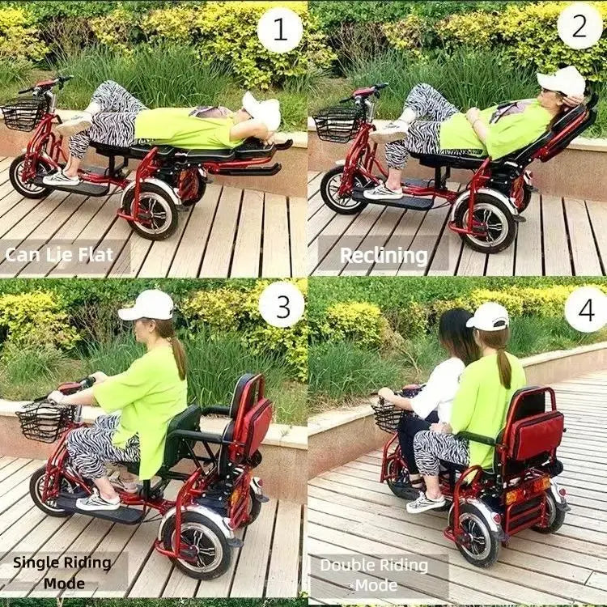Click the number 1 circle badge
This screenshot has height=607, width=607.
click(x=279, y=30)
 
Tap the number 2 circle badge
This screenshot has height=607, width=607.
click(x=579, y=26)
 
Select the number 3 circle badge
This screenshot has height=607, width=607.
click(x=282, y=304)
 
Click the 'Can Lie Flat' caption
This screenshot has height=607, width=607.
click(x=59, y=255)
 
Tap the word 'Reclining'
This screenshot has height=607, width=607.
click(x=384, y=256)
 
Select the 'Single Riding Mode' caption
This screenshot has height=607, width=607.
click(x=62, y=572)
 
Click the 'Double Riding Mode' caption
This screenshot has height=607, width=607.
click(x=375, y=575)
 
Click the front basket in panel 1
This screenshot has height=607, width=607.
click(x=24, y=114)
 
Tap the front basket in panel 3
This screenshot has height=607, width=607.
click(x=44, y=422)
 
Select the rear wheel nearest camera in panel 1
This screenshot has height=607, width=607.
click(x=151, y=213)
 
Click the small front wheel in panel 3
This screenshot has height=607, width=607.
click(x=48, y=491)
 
